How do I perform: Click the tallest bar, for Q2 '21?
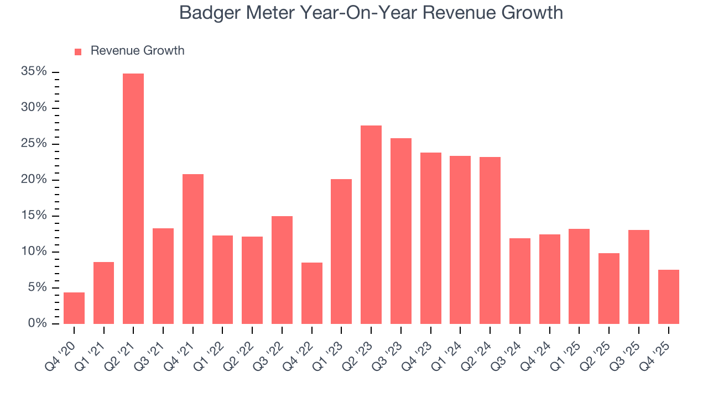(133, 199)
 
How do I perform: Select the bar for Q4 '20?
(74, 308)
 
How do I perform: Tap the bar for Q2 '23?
(371, 224)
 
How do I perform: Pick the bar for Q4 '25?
(668, 297)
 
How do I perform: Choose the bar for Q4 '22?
(312, 293)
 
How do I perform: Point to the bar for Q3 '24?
(520, 281)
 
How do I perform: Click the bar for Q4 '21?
(193, 249)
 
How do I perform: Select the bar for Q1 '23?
(341, 252)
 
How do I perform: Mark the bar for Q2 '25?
(609, 289)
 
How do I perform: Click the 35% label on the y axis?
(34, 72)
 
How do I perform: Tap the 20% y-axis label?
(34, 180)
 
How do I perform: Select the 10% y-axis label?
(34, 252)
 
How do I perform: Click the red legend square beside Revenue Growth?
(78, 51)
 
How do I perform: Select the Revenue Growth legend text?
(137, 51)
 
